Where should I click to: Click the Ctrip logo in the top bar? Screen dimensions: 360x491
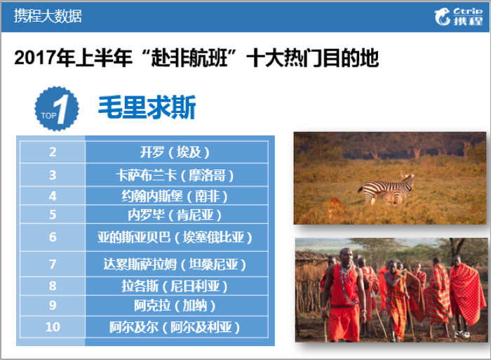459,16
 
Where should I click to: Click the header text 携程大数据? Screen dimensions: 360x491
48,15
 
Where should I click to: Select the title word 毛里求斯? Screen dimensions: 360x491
147,107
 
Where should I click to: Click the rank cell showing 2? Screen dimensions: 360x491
53,152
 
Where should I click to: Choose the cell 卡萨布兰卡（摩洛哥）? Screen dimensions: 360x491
175,174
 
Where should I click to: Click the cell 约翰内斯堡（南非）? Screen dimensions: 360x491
175,196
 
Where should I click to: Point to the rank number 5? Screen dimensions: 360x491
53,215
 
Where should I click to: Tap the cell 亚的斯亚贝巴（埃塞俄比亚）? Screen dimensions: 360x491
175,236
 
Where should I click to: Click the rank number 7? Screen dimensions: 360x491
53,264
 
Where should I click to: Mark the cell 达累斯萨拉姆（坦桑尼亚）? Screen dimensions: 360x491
175,264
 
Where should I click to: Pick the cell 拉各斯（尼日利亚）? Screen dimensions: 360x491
175,286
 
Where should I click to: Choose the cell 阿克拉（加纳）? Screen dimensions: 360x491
175,306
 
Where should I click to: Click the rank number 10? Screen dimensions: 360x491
53,327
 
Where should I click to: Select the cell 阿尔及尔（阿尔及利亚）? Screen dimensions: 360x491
175,327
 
